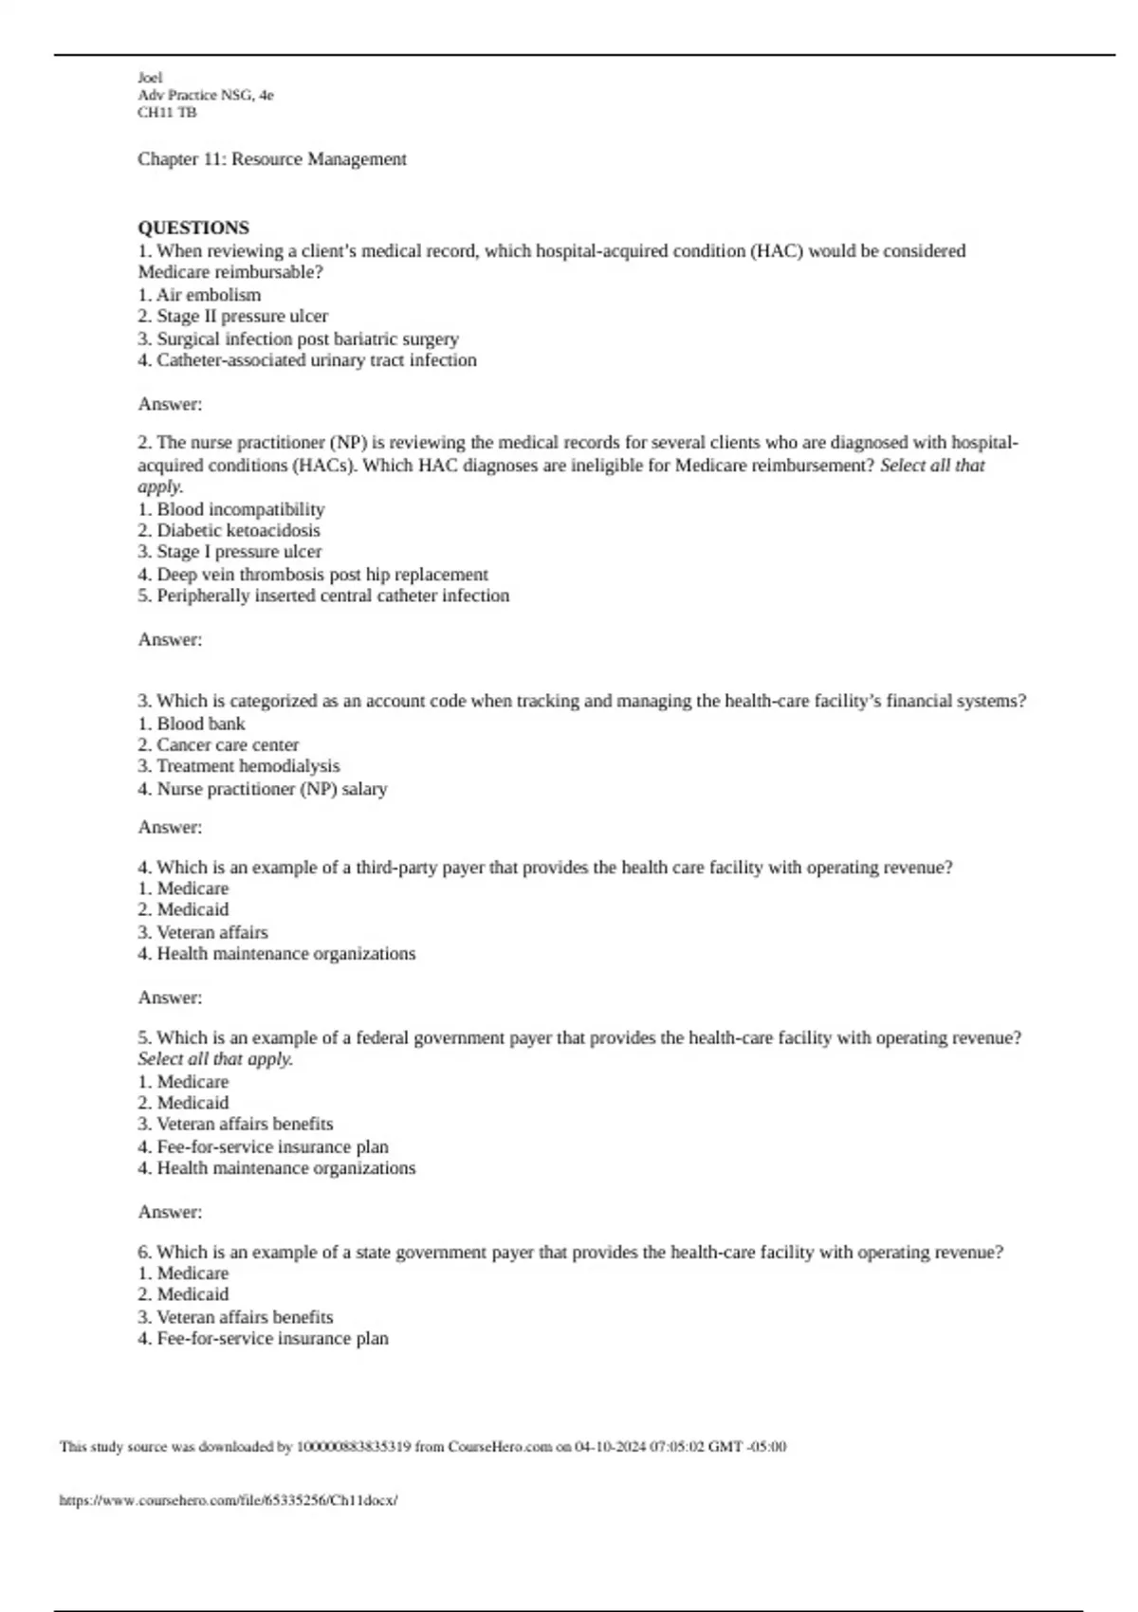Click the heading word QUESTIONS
tap(193, 228)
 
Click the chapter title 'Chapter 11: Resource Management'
tap(272, 159)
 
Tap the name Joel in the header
tap(150, 78)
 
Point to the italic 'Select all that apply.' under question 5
tap(215, 1059)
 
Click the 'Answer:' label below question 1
tap(170, 404)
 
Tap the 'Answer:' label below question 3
tap(170, 827)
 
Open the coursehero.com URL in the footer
tap(229, 1501)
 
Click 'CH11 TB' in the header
tap(167, 113)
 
